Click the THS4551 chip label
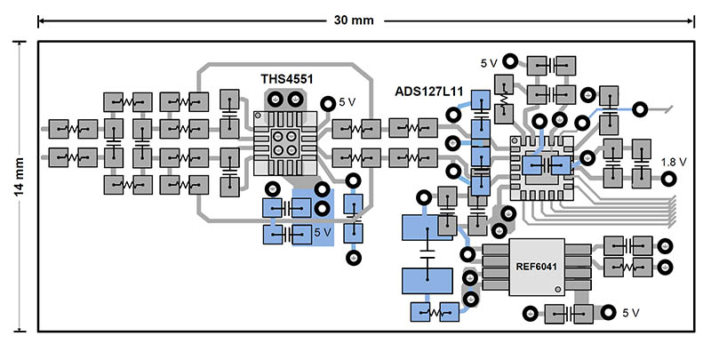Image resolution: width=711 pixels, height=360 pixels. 286,79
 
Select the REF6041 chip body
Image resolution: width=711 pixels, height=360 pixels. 537,266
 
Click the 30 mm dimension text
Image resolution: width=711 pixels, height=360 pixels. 353,20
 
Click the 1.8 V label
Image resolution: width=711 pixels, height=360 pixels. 675,162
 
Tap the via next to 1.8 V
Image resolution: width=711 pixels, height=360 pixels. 669,178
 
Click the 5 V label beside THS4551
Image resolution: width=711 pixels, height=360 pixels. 348,102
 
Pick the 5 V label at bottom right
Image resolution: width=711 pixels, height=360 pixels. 631,313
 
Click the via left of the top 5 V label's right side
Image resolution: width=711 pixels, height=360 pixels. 510,61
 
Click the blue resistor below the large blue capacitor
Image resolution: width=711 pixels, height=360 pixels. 432,312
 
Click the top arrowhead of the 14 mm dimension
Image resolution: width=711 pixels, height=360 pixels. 20,43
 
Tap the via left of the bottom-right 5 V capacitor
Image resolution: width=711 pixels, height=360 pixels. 531,312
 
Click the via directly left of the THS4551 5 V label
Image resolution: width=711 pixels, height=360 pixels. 327,104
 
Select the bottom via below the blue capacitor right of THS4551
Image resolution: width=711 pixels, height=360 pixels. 354,258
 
